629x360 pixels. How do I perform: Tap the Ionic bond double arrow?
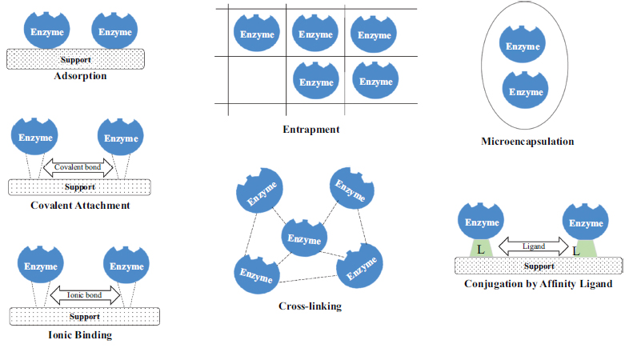click(86, 295)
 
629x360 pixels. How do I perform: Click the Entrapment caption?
click(311, 129)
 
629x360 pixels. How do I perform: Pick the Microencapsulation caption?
click(527, 142)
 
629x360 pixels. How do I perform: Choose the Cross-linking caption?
click(310, 306)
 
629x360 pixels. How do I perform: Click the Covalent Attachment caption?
click(80, 206)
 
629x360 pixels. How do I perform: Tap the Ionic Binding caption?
click(80, 335)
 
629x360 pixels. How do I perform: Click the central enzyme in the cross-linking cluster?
click(305, 238)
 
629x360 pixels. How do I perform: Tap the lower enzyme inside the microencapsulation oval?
click(526, 91)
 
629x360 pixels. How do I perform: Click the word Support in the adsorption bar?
click(76, 60)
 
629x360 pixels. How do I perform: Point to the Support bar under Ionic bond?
click(79, 316)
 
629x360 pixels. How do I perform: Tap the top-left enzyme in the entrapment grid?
click(256, 33)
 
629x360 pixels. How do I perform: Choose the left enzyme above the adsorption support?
click(45, 31)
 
